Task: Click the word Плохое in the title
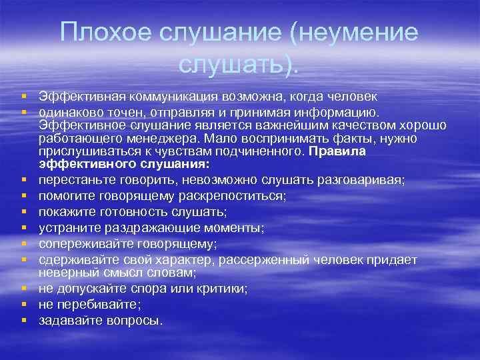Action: tap(103, 32)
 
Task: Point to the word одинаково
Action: tap(69, 111)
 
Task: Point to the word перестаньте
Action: tap(74, 180)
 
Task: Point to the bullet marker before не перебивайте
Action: tap(24, 305)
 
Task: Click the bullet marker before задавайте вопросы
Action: tap(24, 321)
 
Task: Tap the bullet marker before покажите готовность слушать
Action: tap(24, 212)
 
